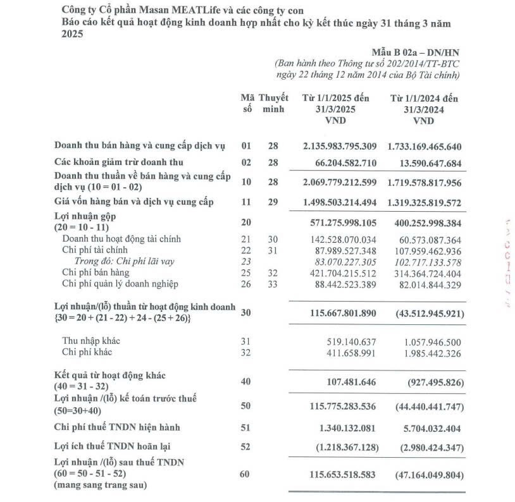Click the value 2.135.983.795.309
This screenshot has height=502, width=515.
click(x=340, y=147)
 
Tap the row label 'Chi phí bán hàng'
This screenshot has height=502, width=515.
click(x=96, y=272)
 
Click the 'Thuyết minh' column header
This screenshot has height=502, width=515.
click(x=274, y=104)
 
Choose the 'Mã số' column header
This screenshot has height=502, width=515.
click(x=247, y=104)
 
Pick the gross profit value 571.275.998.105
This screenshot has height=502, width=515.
click(x=340, y=223)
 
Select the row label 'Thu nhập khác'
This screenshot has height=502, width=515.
click(x=90, y=341)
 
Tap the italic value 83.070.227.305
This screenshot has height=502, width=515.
click(x=340, y=261)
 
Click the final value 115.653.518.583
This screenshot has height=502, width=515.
click(x=340, y=474)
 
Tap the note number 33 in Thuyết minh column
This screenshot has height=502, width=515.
click(x=273, y=284)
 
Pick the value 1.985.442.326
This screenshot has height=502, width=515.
click(x=431, y=352)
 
